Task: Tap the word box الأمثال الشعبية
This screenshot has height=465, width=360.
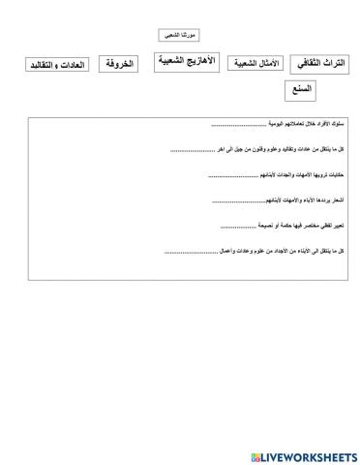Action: coord(255,64)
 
